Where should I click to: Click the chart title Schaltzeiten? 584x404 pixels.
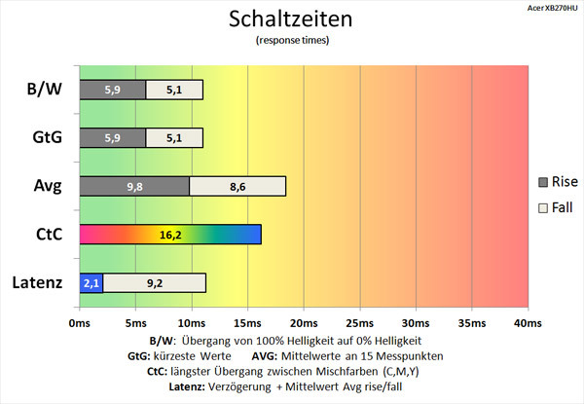pyautogui.click(x=292, y=19)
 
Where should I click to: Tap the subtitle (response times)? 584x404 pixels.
pyautogui.click(x=292, y=41)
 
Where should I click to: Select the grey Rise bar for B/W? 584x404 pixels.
pyautogui.click(x=112, y=91)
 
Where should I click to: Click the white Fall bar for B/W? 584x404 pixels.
pyautogui.click(x=174, y=91)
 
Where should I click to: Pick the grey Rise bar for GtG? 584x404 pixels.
pyautogui.click(x=112, y=138)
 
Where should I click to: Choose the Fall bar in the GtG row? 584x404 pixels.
pyautogui.click(x=174, y=138)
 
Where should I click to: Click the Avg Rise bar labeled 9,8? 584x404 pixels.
pyautogui.click(x=133, y=186)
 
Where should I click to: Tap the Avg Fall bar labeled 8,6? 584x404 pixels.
pyautogui.click(x=237, y=186)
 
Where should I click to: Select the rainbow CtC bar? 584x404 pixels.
pyautogui.click(x=169, y=235)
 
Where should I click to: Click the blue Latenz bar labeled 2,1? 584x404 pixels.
pyautogui.click(x=91, y=282)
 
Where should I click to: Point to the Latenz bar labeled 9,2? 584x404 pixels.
pyautogui.click(x=154, y=282)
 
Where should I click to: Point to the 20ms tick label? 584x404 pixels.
pyautogui.click(x=303, y=322)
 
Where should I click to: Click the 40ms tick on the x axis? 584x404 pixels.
pyautogui.click(x=527, y=322)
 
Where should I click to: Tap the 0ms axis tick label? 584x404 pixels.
pyautogui.click(x=79, y=322)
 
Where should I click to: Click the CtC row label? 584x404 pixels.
pyautogui.click(x=44, y=235)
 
